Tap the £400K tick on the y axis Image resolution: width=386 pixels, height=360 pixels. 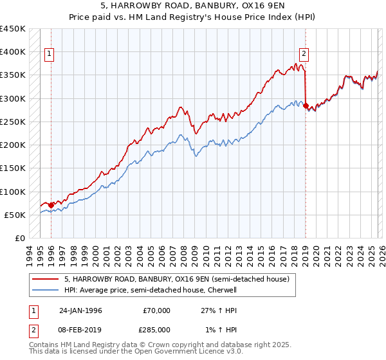(x=13, y=52)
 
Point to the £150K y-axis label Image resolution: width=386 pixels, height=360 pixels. (x=13, y=168)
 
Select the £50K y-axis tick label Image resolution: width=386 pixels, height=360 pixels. (x=15, y=215)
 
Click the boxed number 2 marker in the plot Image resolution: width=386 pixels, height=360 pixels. (x=304, y=55)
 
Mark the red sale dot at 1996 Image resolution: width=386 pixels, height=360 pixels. (x=51, y=206)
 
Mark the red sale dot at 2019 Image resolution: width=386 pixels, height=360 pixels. (x=306, y=105)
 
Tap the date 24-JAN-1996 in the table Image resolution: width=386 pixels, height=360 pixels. (x=80, y=310)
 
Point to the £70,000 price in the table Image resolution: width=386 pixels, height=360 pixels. (x=157, y=310)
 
